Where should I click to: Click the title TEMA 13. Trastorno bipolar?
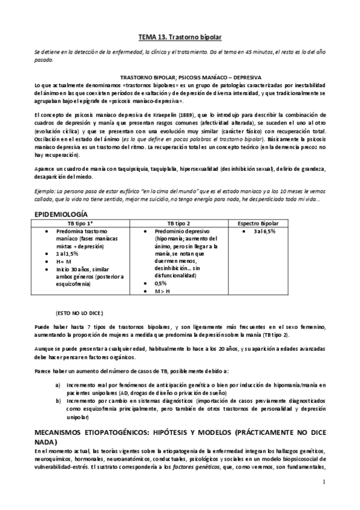pyautogui.click(x=180, y=37)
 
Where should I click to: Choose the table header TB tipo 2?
pyautogui.click(x=179, y=223)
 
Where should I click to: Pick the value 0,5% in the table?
pyautogui.click(x=160, y=283)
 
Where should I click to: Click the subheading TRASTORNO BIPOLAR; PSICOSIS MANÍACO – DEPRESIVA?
pyautogui.click(x=180, y=78)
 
